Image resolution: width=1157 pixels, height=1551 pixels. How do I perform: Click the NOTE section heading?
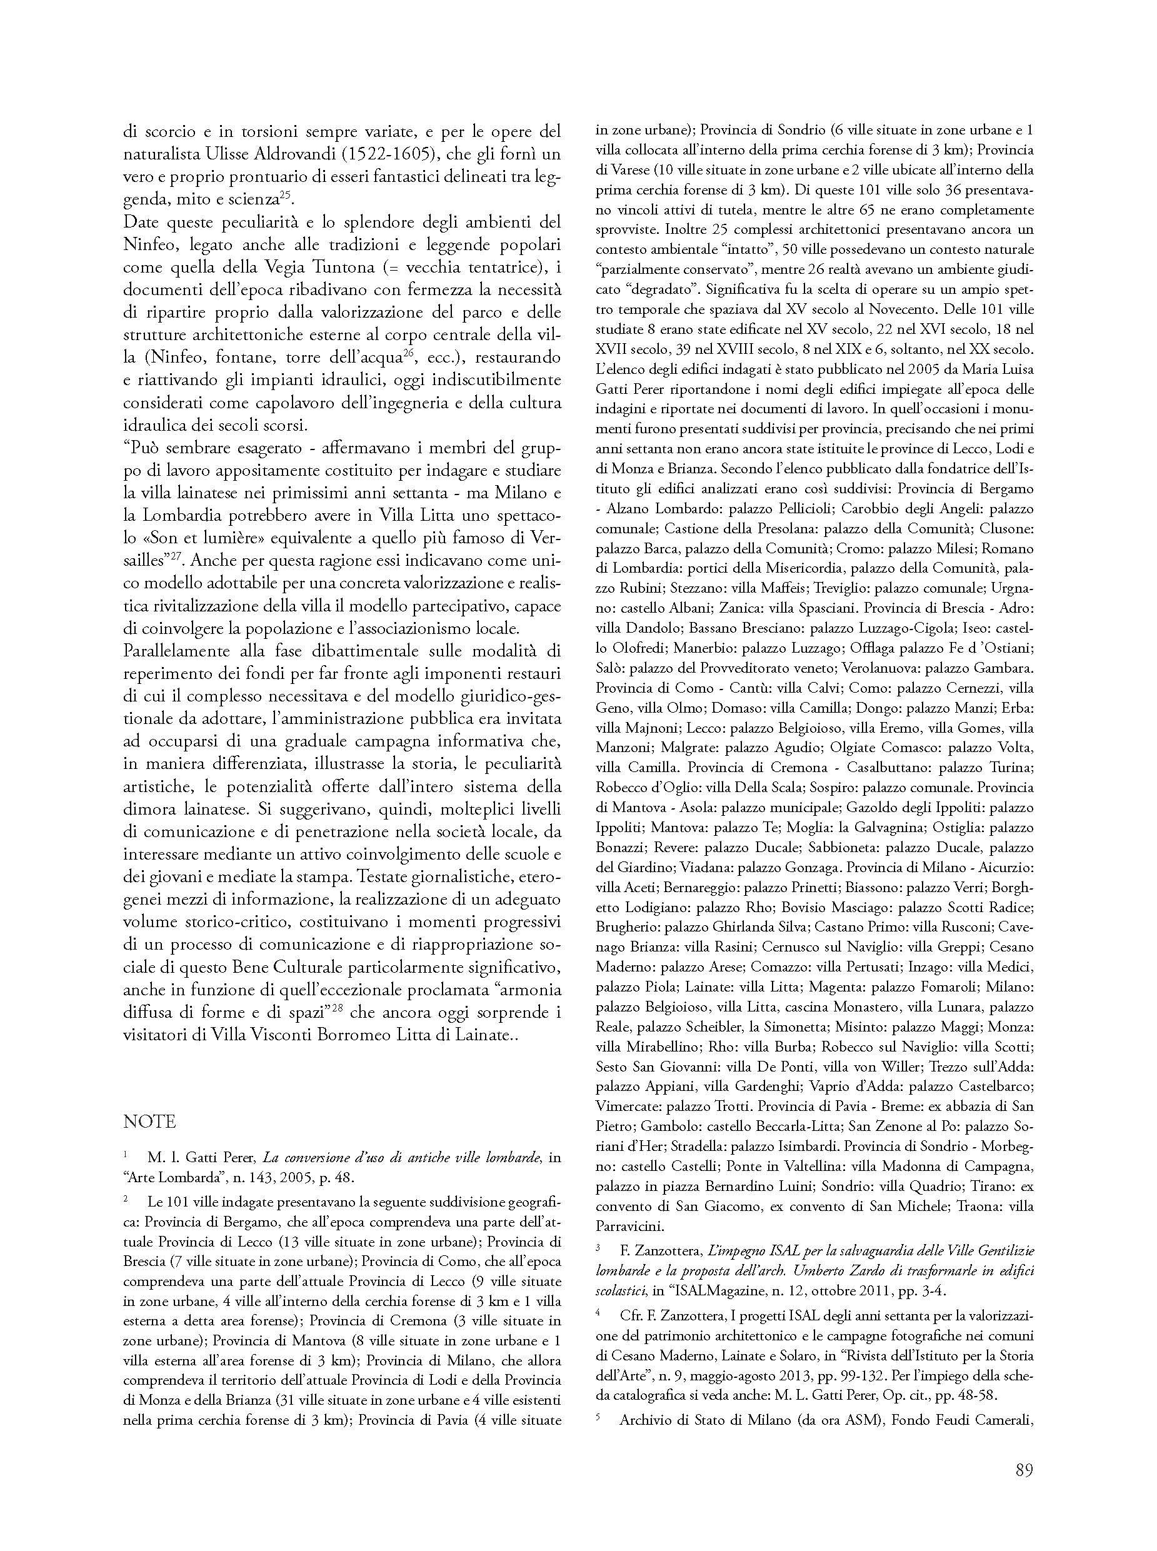click(x=149, y=1122)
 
